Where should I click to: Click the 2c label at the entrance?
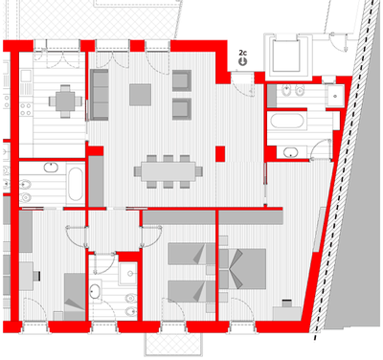242,53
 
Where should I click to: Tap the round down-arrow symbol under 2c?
243,61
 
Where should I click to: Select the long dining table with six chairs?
169,171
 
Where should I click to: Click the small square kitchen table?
65,101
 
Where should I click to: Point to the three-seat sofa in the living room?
100,95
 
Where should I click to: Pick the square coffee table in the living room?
140,95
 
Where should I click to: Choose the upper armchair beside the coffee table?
182,80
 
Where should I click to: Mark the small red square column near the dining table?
220,154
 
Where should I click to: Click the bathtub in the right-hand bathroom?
287,121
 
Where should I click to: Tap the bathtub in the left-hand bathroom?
76,184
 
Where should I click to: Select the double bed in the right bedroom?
243,269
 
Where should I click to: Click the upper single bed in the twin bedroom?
191,254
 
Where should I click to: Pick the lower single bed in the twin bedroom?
191,291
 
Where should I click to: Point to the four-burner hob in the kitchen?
26,108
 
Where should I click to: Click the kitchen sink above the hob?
26,76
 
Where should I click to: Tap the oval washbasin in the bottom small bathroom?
95,292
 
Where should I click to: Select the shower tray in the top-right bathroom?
335,96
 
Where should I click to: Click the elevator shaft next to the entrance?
288,55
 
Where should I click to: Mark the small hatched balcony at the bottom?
173,344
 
